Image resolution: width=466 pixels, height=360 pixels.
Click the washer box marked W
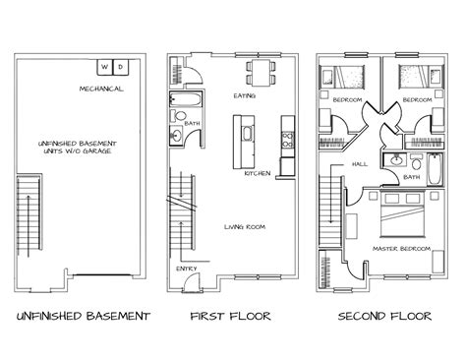105,68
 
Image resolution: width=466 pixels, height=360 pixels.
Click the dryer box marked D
121,68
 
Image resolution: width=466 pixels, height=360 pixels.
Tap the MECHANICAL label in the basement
102,89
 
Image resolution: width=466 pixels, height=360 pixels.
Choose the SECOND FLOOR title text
384,317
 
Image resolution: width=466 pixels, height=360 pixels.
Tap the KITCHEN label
259,174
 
